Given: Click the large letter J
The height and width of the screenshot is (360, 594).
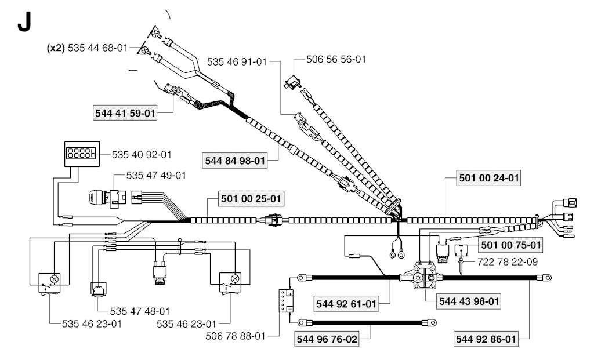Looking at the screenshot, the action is coord(24,23).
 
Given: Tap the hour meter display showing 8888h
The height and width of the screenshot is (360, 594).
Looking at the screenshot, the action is coord(82,154).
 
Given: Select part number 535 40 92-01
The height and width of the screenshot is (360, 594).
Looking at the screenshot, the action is coord(142,154).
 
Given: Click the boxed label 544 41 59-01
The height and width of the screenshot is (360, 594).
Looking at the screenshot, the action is coord(125,113).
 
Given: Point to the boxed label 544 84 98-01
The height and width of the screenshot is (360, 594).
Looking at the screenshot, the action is coord(235,161).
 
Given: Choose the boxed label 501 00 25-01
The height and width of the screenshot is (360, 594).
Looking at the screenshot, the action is coord(251,198).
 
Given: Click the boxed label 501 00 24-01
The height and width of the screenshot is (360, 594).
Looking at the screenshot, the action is coord(488,178).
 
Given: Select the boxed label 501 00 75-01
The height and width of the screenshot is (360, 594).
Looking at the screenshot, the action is coord(510,245).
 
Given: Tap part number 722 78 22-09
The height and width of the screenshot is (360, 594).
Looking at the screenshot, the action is coord(507,261).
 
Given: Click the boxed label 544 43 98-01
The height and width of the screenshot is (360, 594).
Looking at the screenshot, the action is coord(469,301).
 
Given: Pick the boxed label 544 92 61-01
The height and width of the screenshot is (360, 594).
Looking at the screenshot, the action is coord(346,304).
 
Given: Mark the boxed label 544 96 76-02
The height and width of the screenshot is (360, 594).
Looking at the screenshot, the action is coord(327,339).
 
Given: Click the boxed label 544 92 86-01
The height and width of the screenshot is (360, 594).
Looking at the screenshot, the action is coord(486,339).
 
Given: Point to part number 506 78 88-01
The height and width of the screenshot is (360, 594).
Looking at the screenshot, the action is coord(236,336).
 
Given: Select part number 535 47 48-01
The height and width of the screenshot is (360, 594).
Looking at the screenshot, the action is coord(140,311).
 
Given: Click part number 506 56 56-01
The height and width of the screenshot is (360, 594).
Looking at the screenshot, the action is coord(336,59).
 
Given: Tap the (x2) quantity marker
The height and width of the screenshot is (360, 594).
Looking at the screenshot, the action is coord(56,48).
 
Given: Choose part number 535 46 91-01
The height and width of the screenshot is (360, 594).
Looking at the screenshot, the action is coord(237,61).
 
